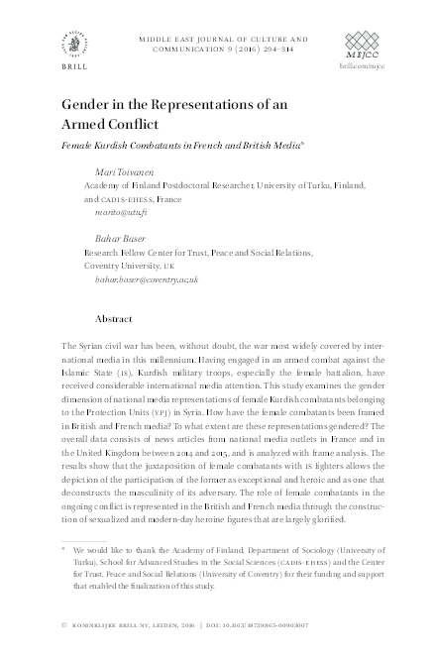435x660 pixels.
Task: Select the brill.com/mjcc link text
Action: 361,64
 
